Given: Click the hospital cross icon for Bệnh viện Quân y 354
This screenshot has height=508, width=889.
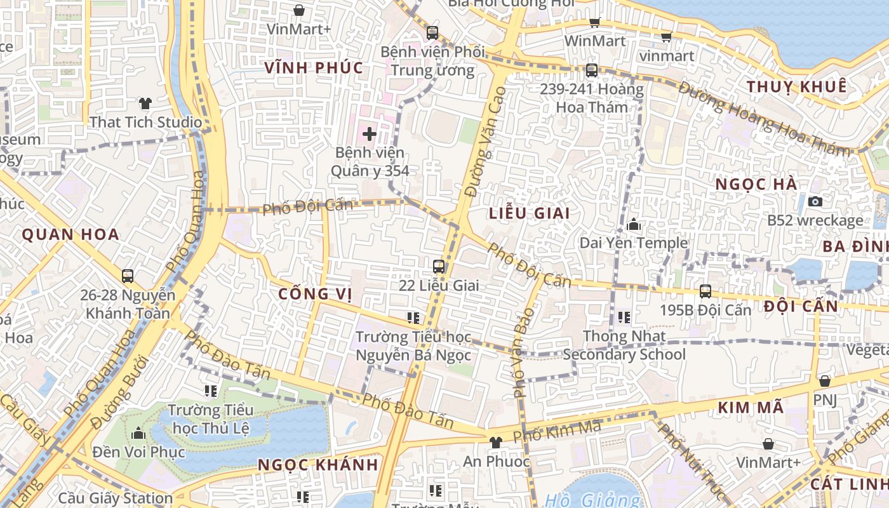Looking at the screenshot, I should [370, 133].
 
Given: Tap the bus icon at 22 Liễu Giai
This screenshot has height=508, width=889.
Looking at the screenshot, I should [438, 266].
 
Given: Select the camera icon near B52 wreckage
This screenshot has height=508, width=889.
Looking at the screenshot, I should [815, 202].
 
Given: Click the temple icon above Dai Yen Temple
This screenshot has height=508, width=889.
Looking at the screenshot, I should [633, 224].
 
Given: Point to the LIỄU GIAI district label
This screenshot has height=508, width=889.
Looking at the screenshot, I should [530, 213].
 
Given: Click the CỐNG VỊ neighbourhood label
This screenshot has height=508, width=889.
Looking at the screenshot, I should [314, 294].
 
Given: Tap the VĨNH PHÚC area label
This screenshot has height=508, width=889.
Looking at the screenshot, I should [314, 68].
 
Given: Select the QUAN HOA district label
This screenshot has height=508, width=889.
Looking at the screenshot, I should [70, 235].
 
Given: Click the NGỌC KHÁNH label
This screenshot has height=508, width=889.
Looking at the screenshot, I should [317, 465].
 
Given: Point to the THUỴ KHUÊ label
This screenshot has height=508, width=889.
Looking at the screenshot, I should [796, 87].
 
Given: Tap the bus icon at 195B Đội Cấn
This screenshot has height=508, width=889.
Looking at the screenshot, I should [705, 291].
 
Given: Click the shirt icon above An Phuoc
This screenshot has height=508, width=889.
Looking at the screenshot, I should [496, 443].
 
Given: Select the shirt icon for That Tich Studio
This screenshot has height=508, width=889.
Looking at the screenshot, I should [145, 103].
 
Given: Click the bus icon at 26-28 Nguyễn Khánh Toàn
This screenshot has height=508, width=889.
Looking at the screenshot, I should [128, 276].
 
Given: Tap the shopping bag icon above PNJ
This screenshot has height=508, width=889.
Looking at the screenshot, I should [824, 381].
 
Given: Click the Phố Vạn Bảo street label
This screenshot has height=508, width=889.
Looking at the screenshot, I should [525, 349].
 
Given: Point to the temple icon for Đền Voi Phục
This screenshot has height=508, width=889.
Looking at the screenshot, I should [138, 434].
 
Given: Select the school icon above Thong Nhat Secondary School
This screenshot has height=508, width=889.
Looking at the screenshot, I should [624, 317].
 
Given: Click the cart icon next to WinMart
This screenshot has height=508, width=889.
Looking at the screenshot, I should [595, 23].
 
